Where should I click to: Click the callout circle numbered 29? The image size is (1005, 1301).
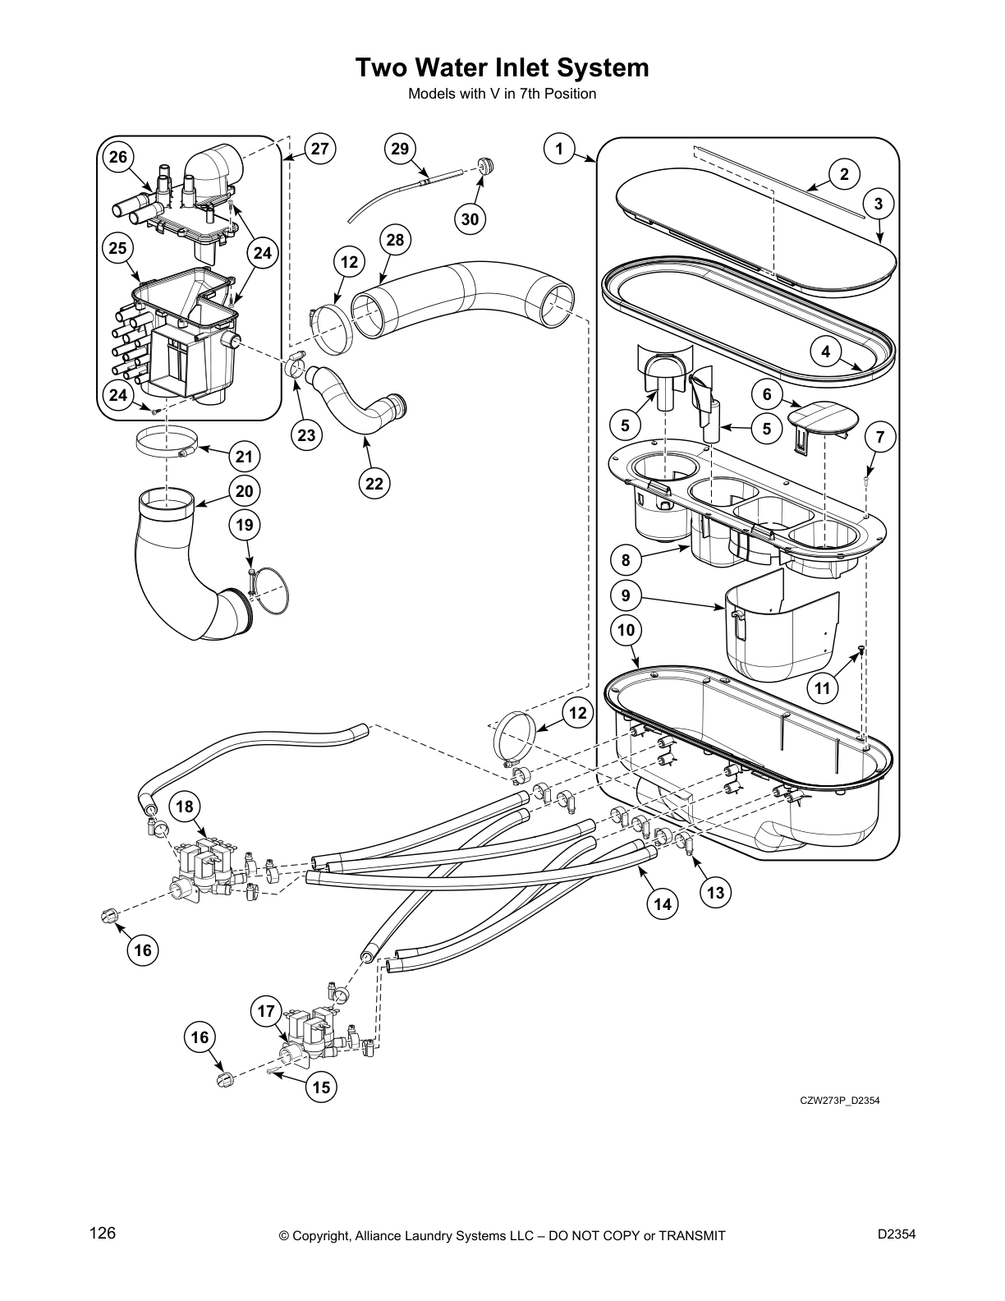point(399,149)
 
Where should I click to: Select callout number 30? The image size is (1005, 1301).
point(470,218)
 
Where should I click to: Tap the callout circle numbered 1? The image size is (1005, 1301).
point(559,149)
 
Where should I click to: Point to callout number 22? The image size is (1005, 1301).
point(374,484)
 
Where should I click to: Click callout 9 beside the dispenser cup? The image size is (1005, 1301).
point(626,595)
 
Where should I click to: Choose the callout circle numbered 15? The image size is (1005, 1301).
point(321,1087)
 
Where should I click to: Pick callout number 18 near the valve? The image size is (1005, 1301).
point(185,807)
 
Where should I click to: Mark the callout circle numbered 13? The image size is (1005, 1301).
point(716,892)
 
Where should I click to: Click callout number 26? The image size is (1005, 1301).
point(119,157)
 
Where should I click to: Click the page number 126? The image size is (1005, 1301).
point(103,1234)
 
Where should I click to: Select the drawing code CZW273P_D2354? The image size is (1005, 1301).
point(840,1101)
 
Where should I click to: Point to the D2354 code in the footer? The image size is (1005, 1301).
point(896,1234)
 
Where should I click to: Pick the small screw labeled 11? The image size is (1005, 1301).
point(859,650)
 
